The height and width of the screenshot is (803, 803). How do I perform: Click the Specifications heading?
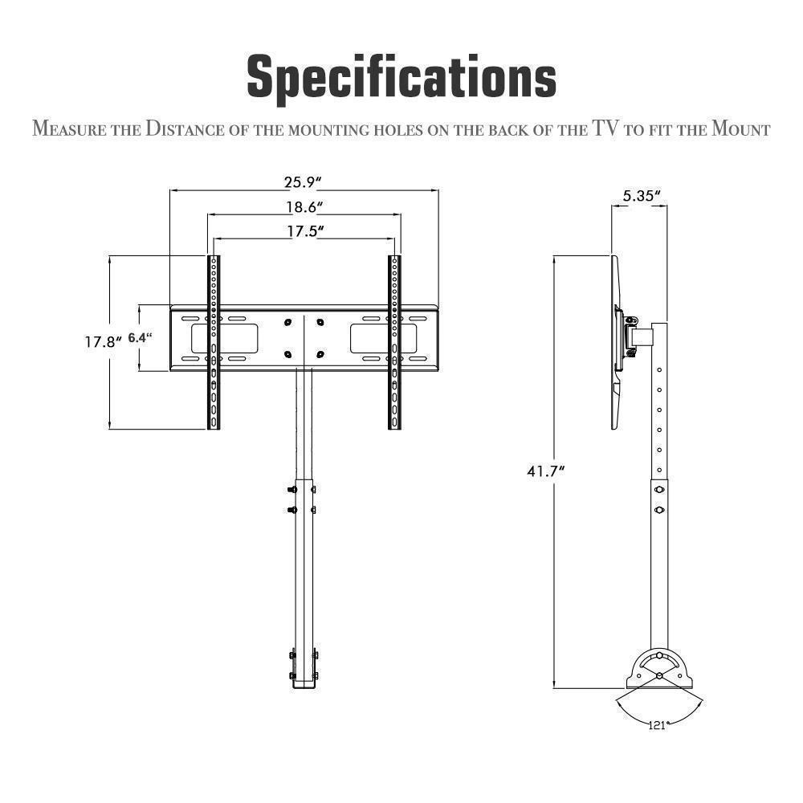401,78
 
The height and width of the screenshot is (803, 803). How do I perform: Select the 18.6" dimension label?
304,207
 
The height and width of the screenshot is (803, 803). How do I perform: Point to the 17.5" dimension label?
304,231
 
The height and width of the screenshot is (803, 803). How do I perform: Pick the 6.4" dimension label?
140,338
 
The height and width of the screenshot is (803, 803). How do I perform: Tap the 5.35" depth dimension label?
641,195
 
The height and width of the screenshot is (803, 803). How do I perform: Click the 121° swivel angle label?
658,725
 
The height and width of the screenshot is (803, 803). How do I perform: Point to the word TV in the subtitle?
606,128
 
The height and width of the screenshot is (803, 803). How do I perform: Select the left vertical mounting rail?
214,342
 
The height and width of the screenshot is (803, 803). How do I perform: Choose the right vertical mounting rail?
394,342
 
